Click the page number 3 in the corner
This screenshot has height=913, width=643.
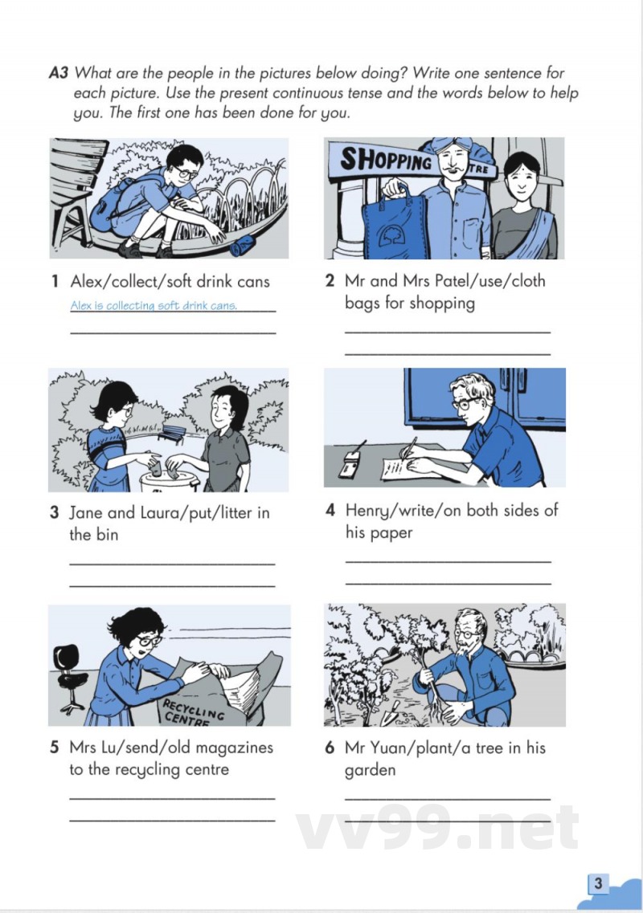(x=597, y=883)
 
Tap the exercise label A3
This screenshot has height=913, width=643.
(x=59, y=73)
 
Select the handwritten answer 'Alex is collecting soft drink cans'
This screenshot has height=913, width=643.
(x=154, y=305)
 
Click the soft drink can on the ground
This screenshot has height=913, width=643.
(x=243, y=246)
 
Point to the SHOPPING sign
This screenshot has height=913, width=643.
(x=386, y=158)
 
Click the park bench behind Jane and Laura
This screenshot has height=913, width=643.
(x=171, y=434)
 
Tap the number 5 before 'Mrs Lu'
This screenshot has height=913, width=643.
(x=54, y=747)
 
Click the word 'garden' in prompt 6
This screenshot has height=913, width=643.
(x=370, y=770)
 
